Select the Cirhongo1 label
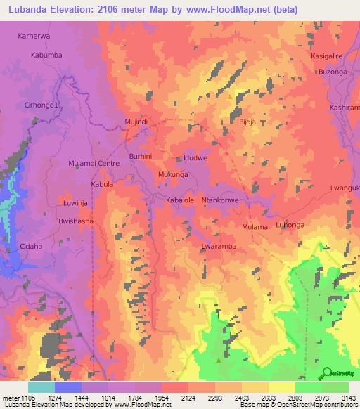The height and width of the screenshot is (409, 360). tap(44, 105)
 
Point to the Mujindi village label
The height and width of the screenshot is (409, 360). tap(136, 122)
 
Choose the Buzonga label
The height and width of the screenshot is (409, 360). tap(333, 72)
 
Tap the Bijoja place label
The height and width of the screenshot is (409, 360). tap(247, 122)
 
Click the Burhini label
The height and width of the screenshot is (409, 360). tap(141, 156)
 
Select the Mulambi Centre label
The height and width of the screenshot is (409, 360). tap(94, 163)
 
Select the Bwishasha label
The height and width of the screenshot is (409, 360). tap(76, 221)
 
